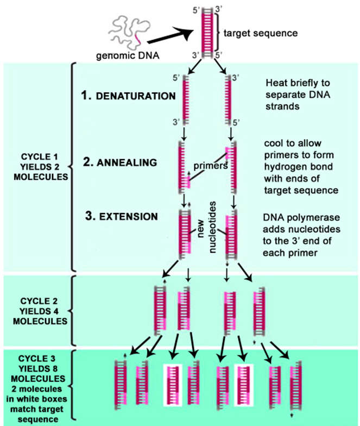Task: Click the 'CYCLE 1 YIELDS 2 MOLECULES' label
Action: [35, 163]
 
